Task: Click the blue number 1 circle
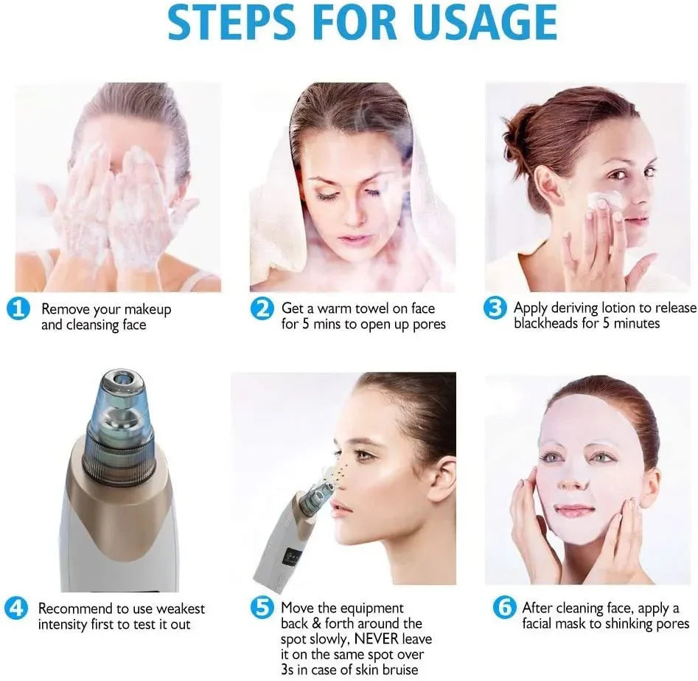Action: (18, 309)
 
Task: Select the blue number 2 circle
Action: (262, 308)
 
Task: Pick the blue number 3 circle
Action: (495, 308)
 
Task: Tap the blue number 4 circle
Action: (16, 608)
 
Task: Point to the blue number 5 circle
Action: (262, 607)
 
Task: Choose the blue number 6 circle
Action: (504, 607)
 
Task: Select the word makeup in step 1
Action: (148, 309)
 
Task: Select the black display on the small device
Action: (292, 557)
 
